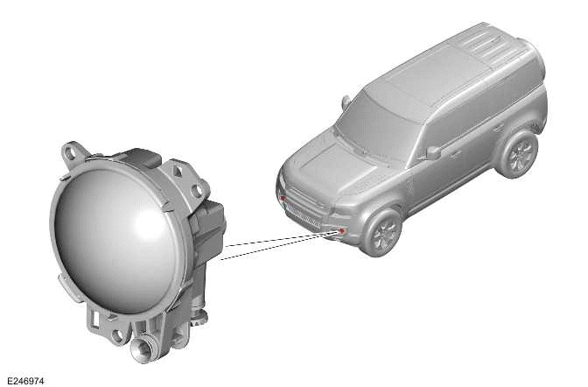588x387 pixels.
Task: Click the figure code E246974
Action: coord(25,381)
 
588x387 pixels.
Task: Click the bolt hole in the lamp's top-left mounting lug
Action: coord(70,152)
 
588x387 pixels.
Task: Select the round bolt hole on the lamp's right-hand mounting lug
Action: coord(197,190)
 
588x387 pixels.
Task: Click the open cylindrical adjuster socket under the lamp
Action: coord(142,348)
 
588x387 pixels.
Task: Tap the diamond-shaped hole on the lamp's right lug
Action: coord(178,171)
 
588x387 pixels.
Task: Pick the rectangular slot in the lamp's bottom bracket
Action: coord(94,318)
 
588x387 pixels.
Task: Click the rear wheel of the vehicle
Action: coord(520,153)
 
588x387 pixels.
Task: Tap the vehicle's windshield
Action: coord(375,129)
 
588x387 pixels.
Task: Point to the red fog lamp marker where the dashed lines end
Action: coord(341,230)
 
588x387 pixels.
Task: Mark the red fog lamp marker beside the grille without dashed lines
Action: coord(283,198)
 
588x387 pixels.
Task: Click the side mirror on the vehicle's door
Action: coord(433,152)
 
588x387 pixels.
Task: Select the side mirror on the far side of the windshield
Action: coord(346,101)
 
